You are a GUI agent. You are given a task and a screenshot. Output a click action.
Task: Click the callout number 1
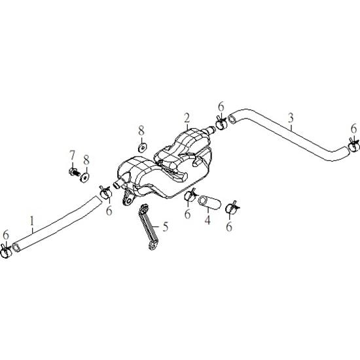[32, 221]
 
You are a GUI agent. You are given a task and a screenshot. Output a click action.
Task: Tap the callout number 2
[187, 118]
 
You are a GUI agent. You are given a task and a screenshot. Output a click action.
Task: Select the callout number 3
[291, 118]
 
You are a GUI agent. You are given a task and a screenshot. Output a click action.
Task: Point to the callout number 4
[207, 220]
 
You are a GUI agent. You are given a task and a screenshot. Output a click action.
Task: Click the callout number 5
[166, 226]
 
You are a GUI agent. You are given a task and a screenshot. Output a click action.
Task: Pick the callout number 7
[72, 155]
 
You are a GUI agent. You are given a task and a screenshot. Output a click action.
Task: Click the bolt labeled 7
[75, 171]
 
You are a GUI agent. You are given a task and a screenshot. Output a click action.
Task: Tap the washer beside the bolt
[84, 177]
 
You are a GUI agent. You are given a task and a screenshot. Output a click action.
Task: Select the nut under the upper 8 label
[142, 147]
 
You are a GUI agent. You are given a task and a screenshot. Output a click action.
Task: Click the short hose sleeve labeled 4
[209, 203]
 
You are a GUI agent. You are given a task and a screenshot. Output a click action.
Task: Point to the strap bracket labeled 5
[148, 226]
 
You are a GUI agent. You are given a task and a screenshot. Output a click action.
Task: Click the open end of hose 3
[232, 119]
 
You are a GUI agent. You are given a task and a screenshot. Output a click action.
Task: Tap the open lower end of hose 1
[16, 247]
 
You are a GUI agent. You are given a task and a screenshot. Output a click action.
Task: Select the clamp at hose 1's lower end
[6, 251]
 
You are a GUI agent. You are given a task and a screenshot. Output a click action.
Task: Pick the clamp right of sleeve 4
[232, 207]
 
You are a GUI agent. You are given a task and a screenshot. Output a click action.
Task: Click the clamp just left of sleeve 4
[190, 194]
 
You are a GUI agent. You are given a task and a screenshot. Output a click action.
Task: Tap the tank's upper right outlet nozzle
[209, 131]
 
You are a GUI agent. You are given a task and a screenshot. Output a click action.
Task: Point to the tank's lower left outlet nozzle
[118, 184]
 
